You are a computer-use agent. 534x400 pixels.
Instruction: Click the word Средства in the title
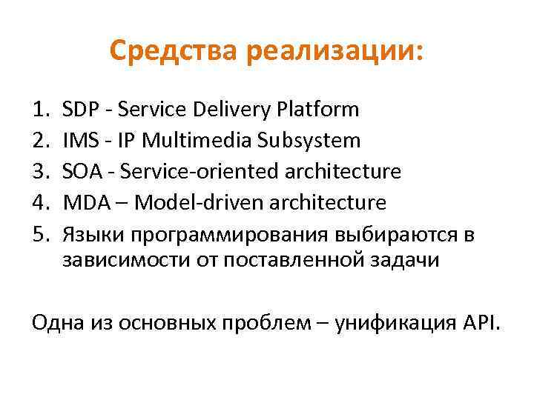(175, 51)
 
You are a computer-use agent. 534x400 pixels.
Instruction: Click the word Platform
(318, 110)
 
